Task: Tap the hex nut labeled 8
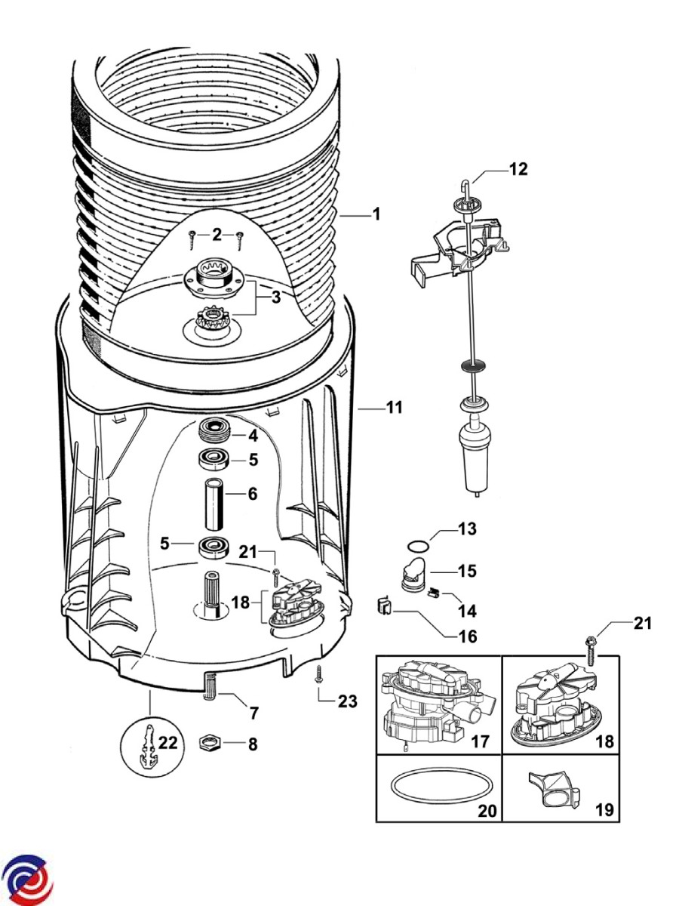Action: click(x=209, y=743)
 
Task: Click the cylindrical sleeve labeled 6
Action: click(x=215, y=501)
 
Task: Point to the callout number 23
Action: click(x=347, y=701)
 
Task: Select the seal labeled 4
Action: click(x=214, y=436)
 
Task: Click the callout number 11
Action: click(x=394, y=408)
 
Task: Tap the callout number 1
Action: click(x=376, y=215)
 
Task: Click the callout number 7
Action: click(x=253, y=712)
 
